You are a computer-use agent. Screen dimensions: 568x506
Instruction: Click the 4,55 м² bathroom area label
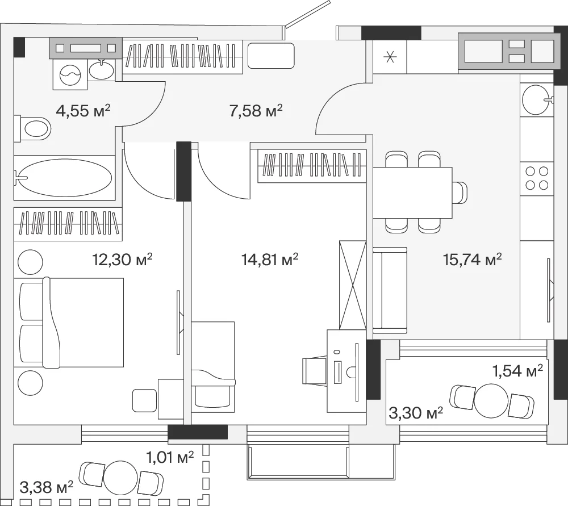coord(83,111)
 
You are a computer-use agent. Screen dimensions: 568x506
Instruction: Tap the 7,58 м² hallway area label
coord(256,111)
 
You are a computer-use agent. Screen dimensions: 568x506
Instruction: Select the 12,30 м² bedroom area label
coord(123,260)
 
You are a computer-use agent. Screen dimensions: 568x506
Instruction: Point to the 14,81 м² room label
coord(270,260)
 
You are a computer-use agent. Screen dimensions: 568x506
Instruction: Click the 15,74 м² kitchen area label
coord(473,260)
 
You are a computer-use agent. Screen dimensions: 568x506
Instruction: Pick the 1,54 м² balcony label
coord(517,371)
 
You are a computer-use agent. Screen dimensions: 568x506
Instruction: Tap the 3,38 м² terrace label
coord(47,487)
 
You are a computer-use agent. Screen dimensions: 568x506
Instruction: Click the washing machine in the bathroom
coord(70,74)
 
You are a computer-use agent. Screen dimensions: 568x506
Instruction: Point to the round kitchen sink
coord(537,99)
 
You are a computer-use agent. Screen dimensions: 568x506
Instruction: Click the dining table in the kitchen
coord(412,193)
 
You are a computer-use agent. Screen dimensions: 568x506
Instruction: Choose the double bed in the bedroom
coord(69,323)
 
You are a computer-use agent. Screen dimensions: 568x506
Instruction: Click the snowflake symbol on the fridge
coord(390,57)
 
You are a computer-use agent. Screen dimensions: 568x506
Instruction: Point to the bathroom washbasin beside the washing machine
coord(102,70)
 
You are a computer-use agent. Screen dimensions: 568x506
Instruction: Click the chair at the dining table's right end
coord(460,193)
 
